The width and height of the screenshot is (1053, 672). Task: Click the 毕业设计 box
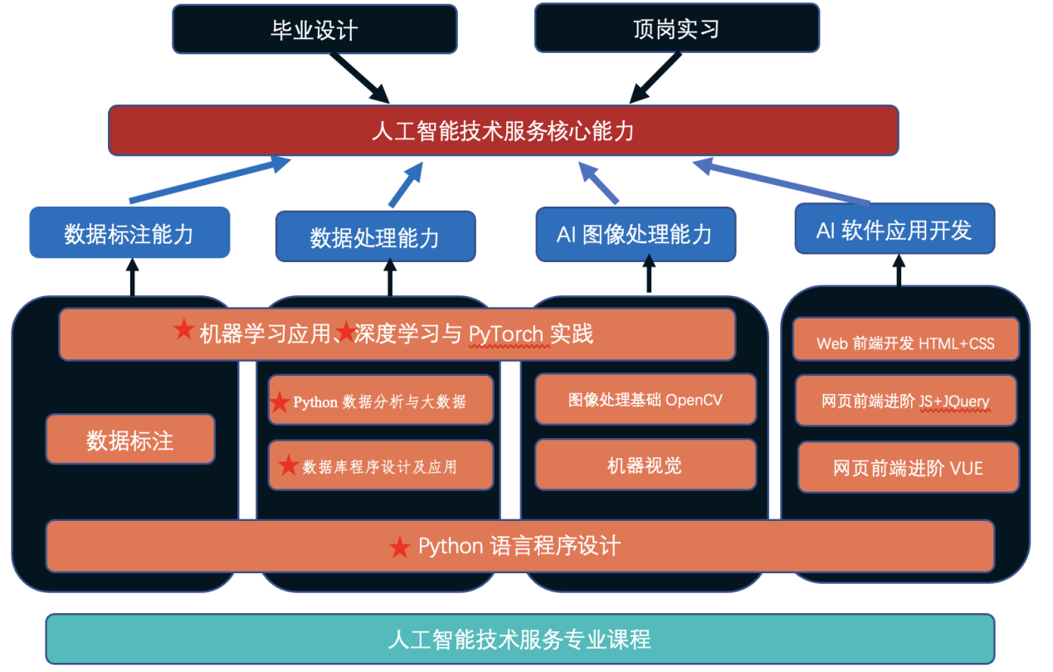coord(314,30)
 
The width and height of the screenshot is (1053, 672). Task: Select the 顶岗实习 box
coord(676,28)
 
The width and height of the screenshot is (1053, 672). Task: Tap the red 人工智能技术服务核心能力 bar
coord(503,130)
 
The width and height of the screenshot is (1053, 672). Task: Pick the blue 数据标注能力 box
coord(129,233)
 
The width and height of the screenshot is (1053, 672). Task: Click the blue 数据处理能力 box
coord(375,237)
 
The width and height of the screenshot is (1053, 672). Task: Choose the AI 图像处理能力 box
coord(635,234)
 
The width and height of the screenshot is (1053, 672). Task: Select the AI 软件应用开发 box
coord(894,229)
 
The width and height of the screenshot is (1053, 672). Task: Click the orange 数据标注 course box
coord(130,440)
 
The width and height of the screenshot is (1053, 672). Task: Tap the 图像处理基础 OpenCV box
coord(645,400)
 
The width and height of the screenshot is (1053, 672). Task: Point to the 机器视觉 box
coord(645,465)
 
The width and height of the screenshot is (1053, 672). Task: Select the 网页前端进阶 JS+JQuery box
coord(905,401)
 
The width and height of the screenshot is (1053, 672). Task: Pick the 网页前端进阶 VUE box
coord(908,467)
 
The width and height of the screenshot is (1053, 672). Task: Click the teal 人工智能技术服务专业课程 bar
coord(519,639)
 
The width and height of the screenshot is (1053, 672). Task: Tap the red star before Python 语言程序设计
coord(400,547)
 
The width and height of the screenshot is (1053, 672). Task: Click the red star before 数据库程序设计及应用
coord(288,465)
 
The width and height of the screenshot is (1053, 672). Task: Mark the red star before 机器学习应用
coord(183,330)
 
